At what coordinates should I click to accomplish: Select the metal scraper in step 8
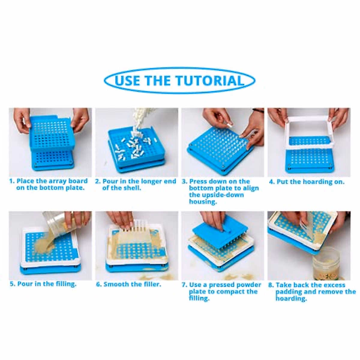point(309,228)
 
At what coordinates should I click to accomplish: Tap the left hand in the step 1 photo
point(21,120)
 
